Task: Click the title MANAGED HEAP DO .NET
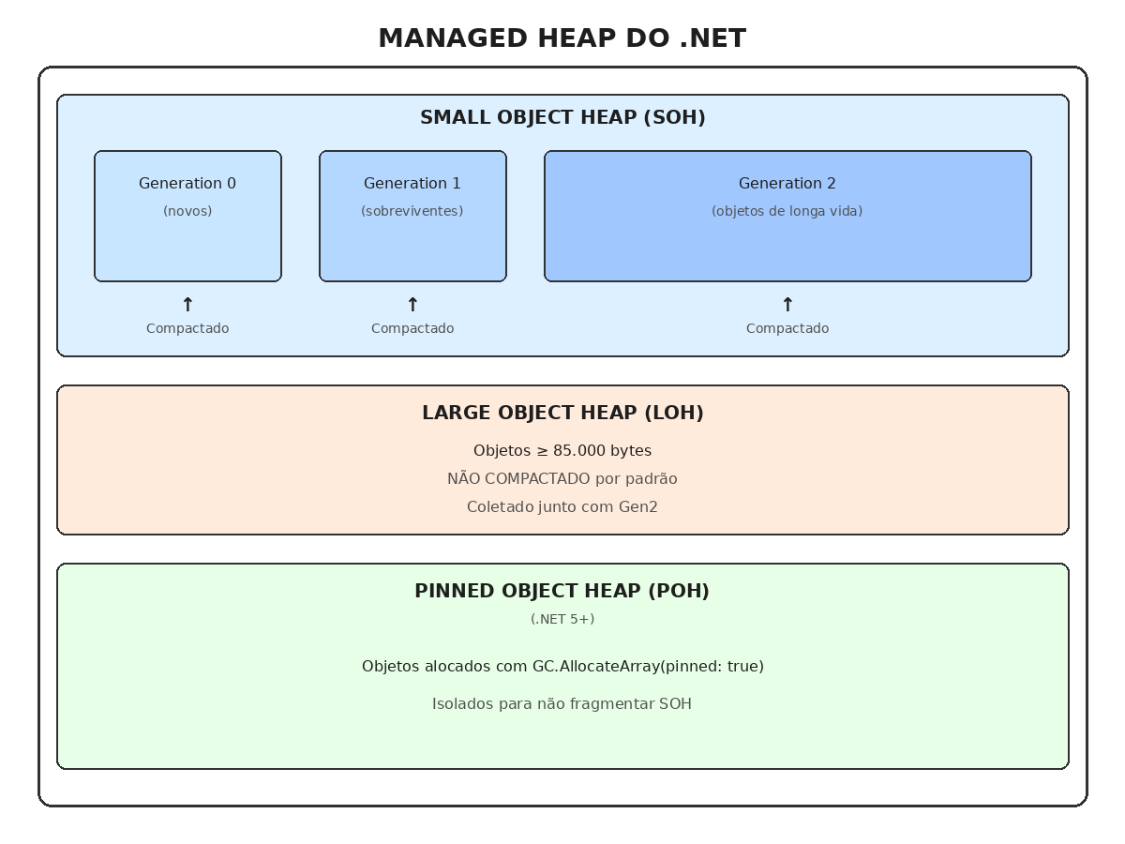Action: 562,38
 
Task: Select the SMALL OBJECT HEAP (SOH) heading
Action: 562,118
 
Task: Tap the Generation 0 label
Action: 187,184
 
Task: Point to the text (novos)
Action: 187,211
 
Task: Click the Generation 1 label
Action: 412,184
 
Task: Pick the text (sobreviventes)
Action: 412,211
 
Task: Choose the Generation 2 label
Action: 787,184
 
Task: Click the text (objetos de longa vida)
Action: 787,211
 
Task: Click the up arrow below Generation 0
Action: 187,304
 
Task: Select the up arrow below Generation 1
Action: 412,304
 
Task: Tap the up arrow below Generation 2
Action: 787,304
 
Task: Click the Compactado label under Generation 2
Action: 787,328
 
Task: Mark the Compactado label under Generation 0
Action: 187,328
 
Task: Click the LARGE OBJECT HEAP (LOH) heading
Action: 562,414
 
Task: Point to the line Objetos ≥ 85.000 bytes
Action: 562,451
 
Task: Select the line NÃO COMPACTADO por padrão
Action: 562,479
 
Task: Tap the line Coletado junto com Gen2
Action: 562,507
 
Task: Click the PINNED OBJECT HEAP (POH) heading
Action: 562,592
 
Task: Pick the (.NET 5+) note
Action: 562,619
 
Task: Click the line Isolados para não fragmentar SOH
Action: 562,704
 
